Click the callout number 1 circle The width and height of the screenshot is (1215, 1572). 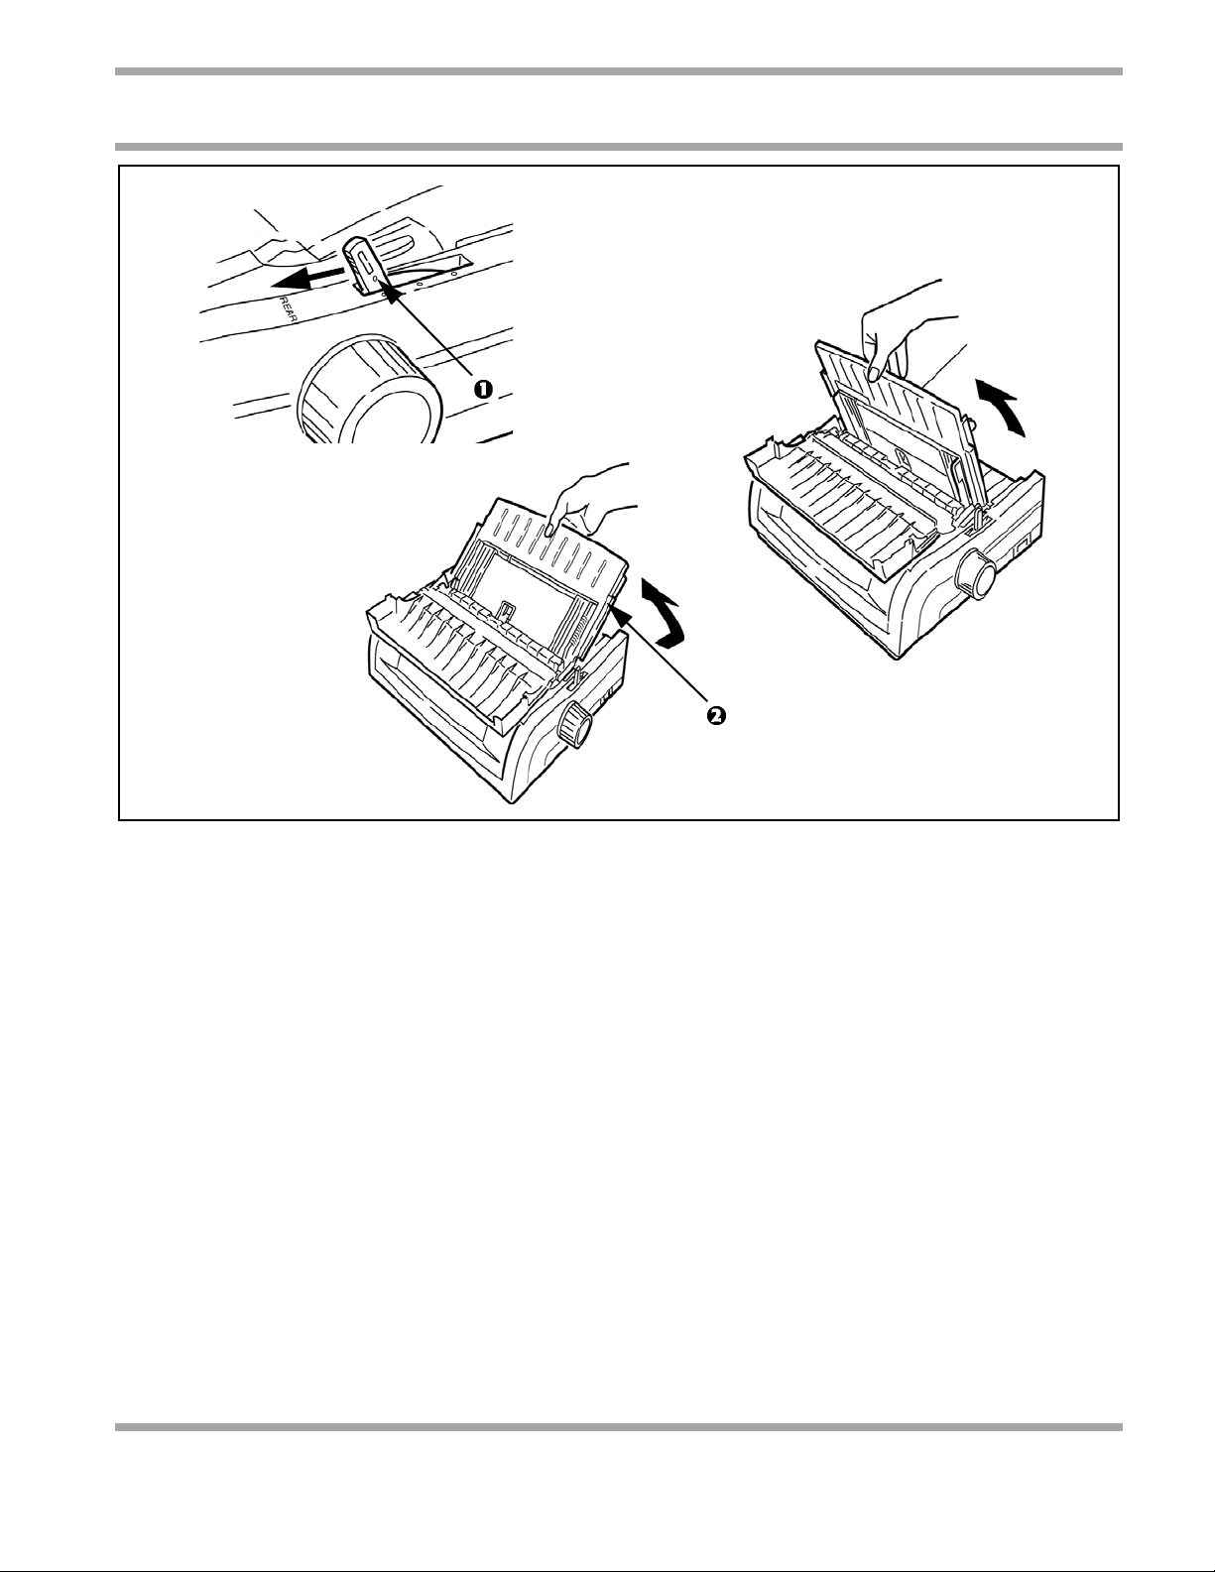482,389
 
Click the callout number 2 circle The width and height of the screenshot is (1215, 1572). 714,715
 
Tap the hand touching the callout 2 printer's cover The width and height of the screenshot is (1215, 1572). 593,500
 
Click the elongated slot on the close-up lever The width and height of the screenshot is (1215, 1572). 365,258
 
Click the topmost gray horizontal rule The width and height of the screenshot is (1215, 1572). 618,71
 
